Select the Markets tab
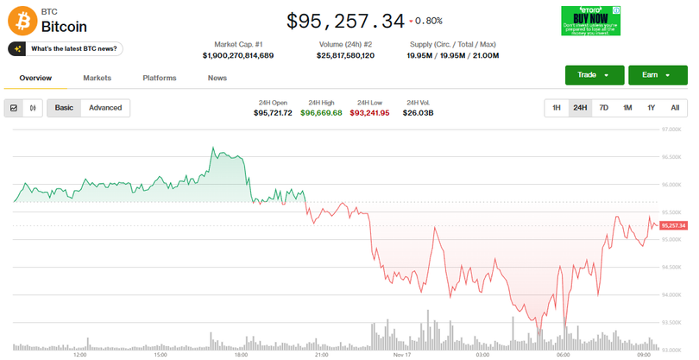(x=98, y=79)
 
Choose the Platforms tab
(x=159, y=79)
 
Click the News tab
(x=217, y=79)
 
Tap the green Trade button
(x=594, y=75)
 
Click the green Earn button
(x=657, y=75)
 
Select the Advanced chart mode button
(x=105, y=108)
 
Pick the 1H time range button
(x=557, y=108)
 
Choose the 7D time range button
(x=604, y=108)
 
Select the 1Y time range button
(x=652, y=108)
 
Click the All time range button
(x=675, y=108)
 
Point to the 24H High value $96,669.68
(x=321, y=113)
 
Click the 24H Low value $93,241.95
(x=369, y=113)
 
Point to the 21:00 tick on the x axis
(x=321, y=354)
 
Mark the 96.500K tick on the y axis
(x=671, y=157)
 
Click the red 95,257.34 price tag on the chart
(x=672, y=225)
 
